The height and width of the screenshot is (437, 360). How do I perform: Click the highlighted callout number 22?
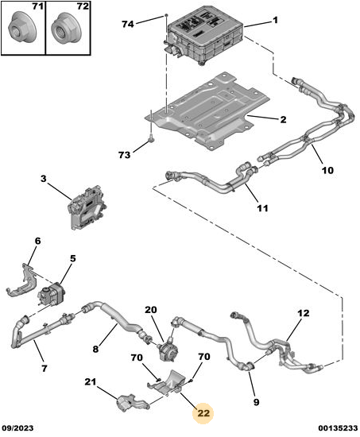(x=203, y=412)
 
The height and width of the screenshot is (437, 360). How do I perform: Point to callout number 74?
(x=128, y=25)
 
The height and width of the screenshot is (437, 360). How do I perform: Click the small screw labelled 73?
(x=151, y=137)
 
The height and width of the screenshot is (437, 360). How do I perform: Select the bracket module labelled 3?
(x=87, y=207)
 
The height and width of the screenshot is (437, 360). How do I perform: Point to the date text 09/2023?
(x=17, y=428)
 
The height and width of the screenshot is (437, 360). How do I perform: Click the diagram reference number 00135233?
(x=339, y=428)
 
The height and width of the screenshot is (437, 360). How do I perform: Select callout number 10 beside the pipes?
(x=327, y=170)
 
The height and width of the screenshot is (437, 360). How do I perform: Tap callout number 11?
(x=262, y=208)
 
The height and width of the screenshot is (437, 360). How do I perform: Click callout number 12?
(x=303, y=313)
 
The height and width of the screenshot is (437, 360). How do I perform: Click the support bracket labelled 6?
(x=21, y=281)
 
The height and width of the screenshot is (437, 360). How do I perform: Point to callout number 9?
(x=256, y=401)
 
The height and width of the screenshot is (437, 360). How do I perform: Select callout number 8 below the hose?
(x=95, y=348)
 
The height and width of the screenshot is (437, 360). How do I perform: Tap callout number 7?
(x=45, y=368)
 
